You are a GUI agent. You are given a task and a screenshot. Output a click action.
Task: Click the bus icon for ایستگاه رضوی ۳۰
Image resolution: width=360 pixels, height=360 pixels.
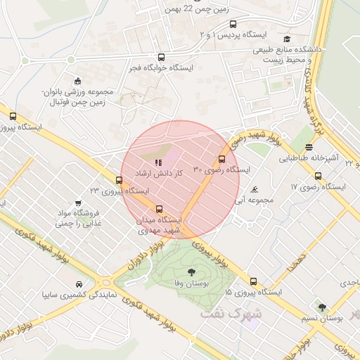point(222,159)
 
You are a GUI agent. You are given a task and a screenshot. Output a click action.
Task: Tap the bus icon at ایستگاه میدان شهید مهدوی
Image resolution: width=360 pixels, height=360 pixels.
point(160,209)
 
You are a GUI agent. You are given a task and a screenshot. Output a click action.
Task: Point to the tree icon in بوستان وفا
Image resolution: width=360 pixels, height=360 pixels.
point(192,271)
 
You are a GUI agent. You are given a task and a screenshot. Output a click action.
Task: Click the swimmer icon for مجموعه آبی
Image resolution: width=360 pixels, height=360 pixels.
point(254,188)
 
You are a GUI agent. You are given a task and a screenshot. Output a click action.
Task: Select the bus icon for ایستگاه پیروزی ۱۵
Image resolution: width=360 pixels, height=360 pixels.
point(253,281)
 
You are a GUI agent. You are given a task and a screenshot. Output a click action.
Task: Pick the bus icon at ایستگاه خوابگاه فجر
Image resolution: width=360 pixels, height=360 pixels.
point(162,58)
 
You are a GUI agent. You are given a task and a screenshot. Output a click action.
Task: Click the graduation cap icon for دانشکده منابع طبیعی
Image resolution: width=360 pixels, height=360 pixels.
point(287,39)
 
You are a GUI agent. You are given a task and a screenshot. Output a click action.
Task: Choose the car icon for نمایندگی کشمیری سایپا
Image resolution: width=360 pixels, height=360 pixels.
point(76,285)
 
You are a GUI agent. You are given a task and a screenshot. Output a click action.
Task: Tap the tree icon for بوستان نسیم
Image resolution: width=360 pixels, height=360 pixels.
point(322,307)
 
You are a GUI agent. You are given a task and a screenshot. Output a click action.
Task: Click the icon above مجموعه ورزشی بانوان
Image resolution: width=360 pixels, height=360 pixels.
point(77,79)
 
